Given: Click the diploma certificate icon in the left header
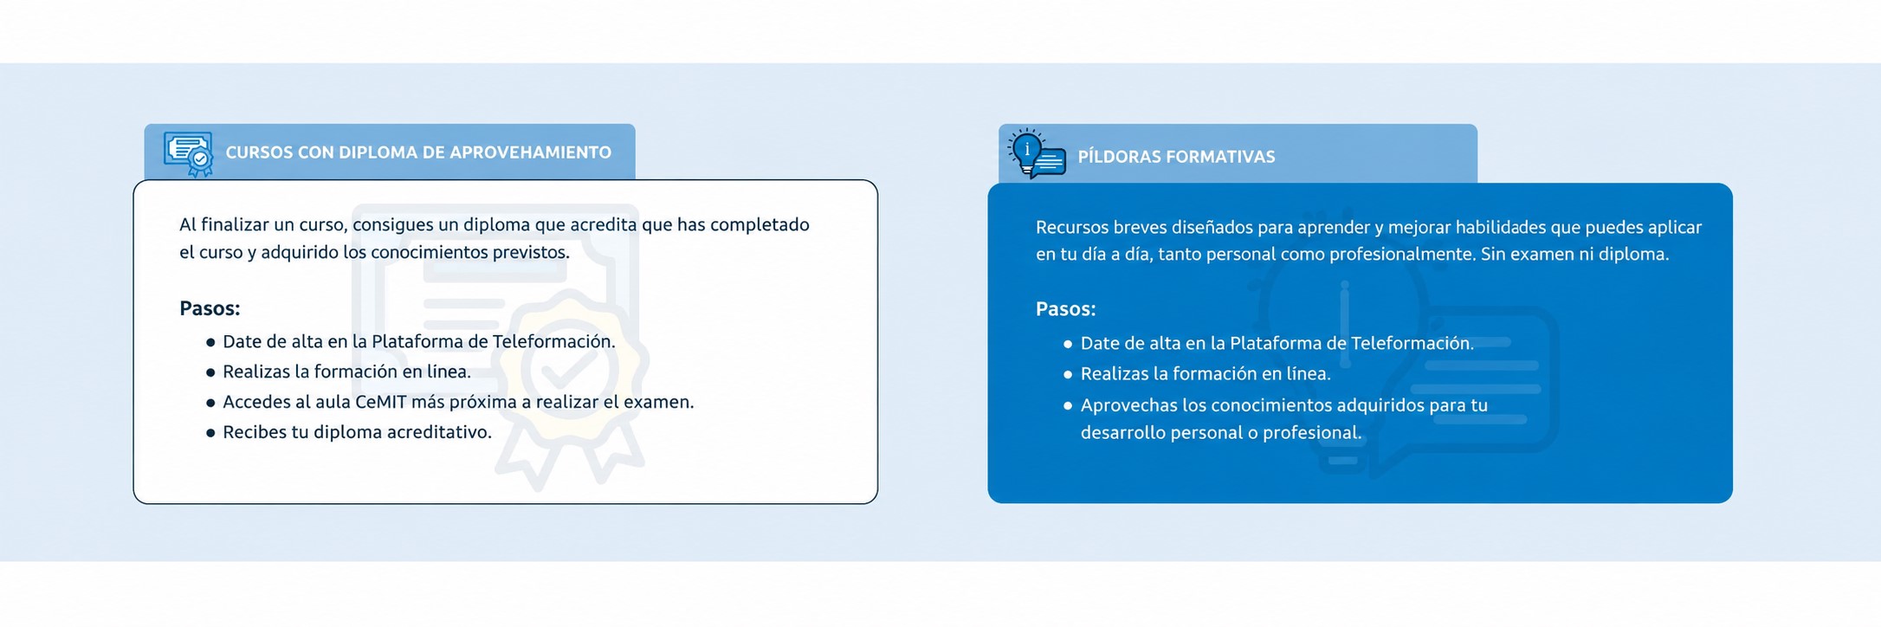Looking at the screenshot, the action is tap(189, 154).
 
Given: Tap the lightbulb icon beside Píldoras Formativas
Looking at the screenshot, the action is tap(1037, 154).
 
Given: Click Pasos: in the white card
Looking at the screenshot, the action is tap(210, 308).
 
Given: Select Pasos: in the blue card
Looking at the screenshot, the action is tap(1066, 309).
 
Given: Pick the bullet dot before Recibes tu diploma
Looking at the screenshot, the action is tap(210, 433).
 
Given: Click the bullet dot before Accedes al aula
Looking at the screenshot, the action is tap(210, 403).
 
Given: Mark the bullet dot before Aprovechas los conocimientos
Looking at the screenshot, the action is tap(1068, 405).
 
